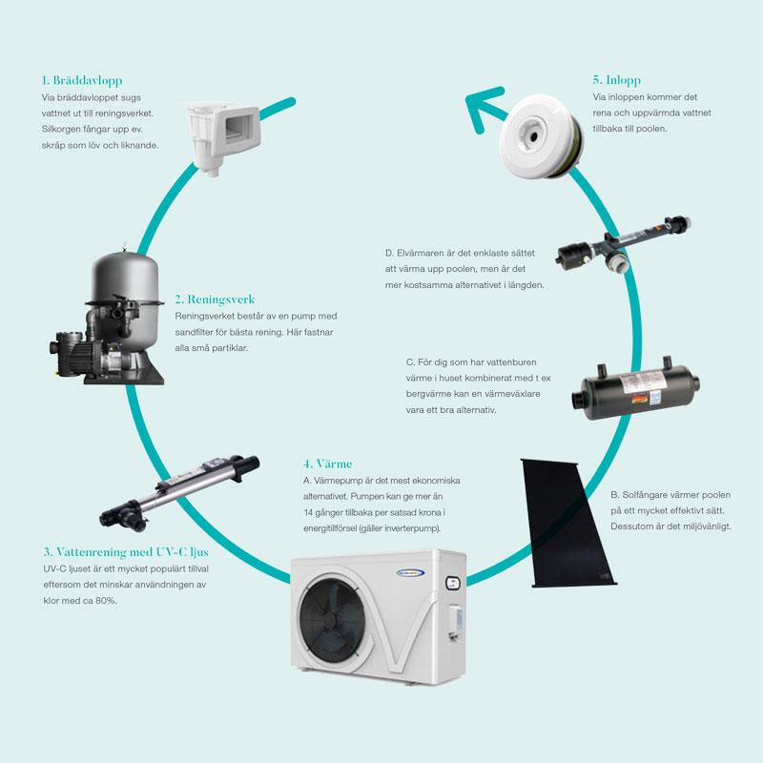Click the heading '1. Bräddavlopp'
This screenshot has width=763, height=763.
pos(81,80)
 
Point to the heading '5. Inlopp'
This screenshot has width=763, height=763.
pos(616,80)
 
